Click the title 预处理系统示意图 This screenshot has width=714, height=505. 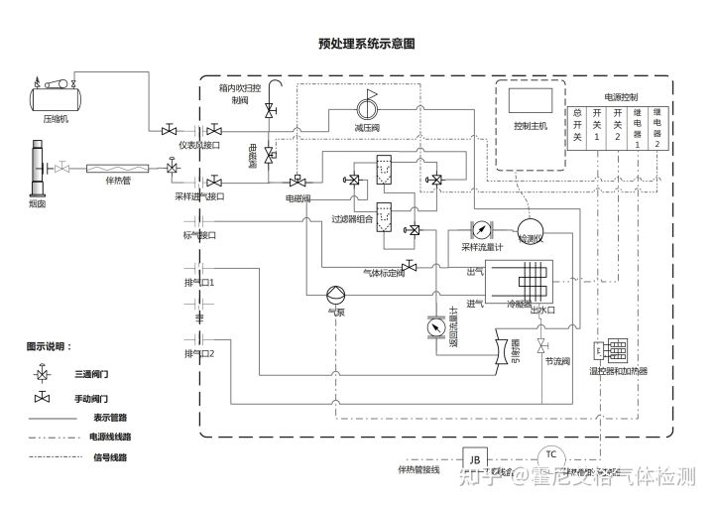coord(366,44)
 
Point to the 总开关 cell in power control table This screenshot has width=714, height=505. coord(577,125)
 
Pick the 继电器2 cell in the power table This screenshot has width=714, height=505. coord(657,125)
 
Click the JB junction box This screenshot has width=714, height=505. coord(475,459)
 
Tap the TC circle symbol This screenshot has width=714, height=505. coord(549,455)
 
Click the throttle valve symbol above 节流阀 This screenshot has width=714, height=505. coord(541,345)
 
